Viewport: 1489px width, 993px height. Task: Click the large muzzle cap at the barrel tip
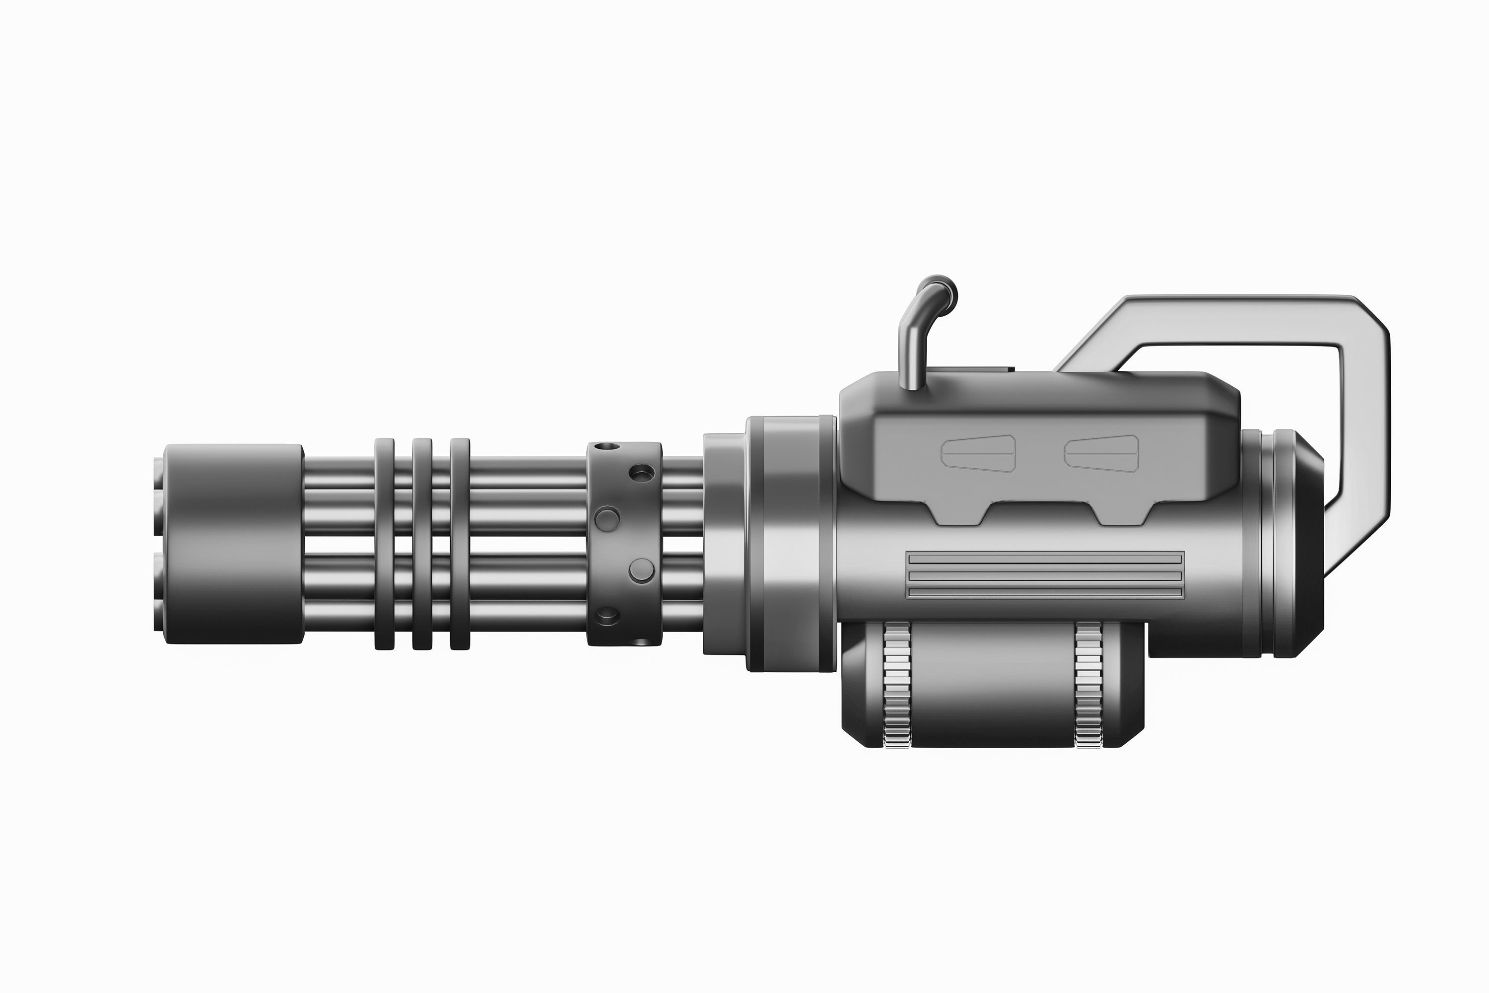click(233, 544)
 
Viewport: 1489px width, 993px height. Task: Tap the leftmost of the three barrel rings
click(384, 544)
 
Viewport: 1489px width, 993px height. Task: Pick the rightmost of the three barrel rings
click(460, 544)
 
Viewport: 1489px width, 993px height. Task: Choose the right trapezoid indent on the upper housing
click(1101, 453)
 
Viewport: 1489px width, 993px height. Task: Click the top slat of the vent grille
click(1045, 559)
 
